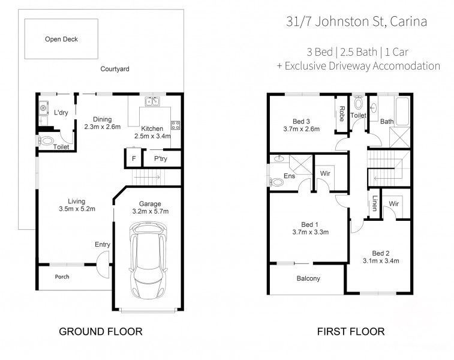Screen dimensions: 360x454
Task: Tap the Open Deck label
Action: [61, 40]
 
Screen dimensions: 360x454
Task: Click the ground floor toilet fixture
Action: [46, 142]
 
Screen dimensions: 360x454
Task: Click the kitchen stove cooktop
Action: [176, 125]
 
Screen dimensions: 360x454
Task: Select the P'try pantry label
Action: [160, 159]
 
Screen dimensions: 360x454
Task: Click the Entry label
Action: [102, 244]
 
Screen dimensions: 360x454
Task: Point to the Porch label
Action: [62, 277]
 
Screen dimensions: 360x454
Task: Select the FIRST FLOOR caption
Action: [351, 331]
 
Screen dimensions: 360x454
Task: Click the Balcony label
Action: [308, 278]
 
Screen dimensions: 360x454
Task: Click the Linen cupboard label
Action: [375, 203]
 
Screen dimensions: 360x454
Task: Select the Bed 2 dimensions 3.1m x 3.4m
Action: [381, 260]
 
